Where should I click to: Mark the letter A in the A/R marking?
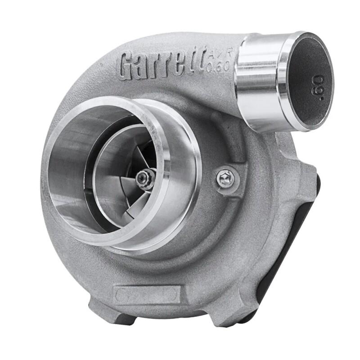coord(212,54)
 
